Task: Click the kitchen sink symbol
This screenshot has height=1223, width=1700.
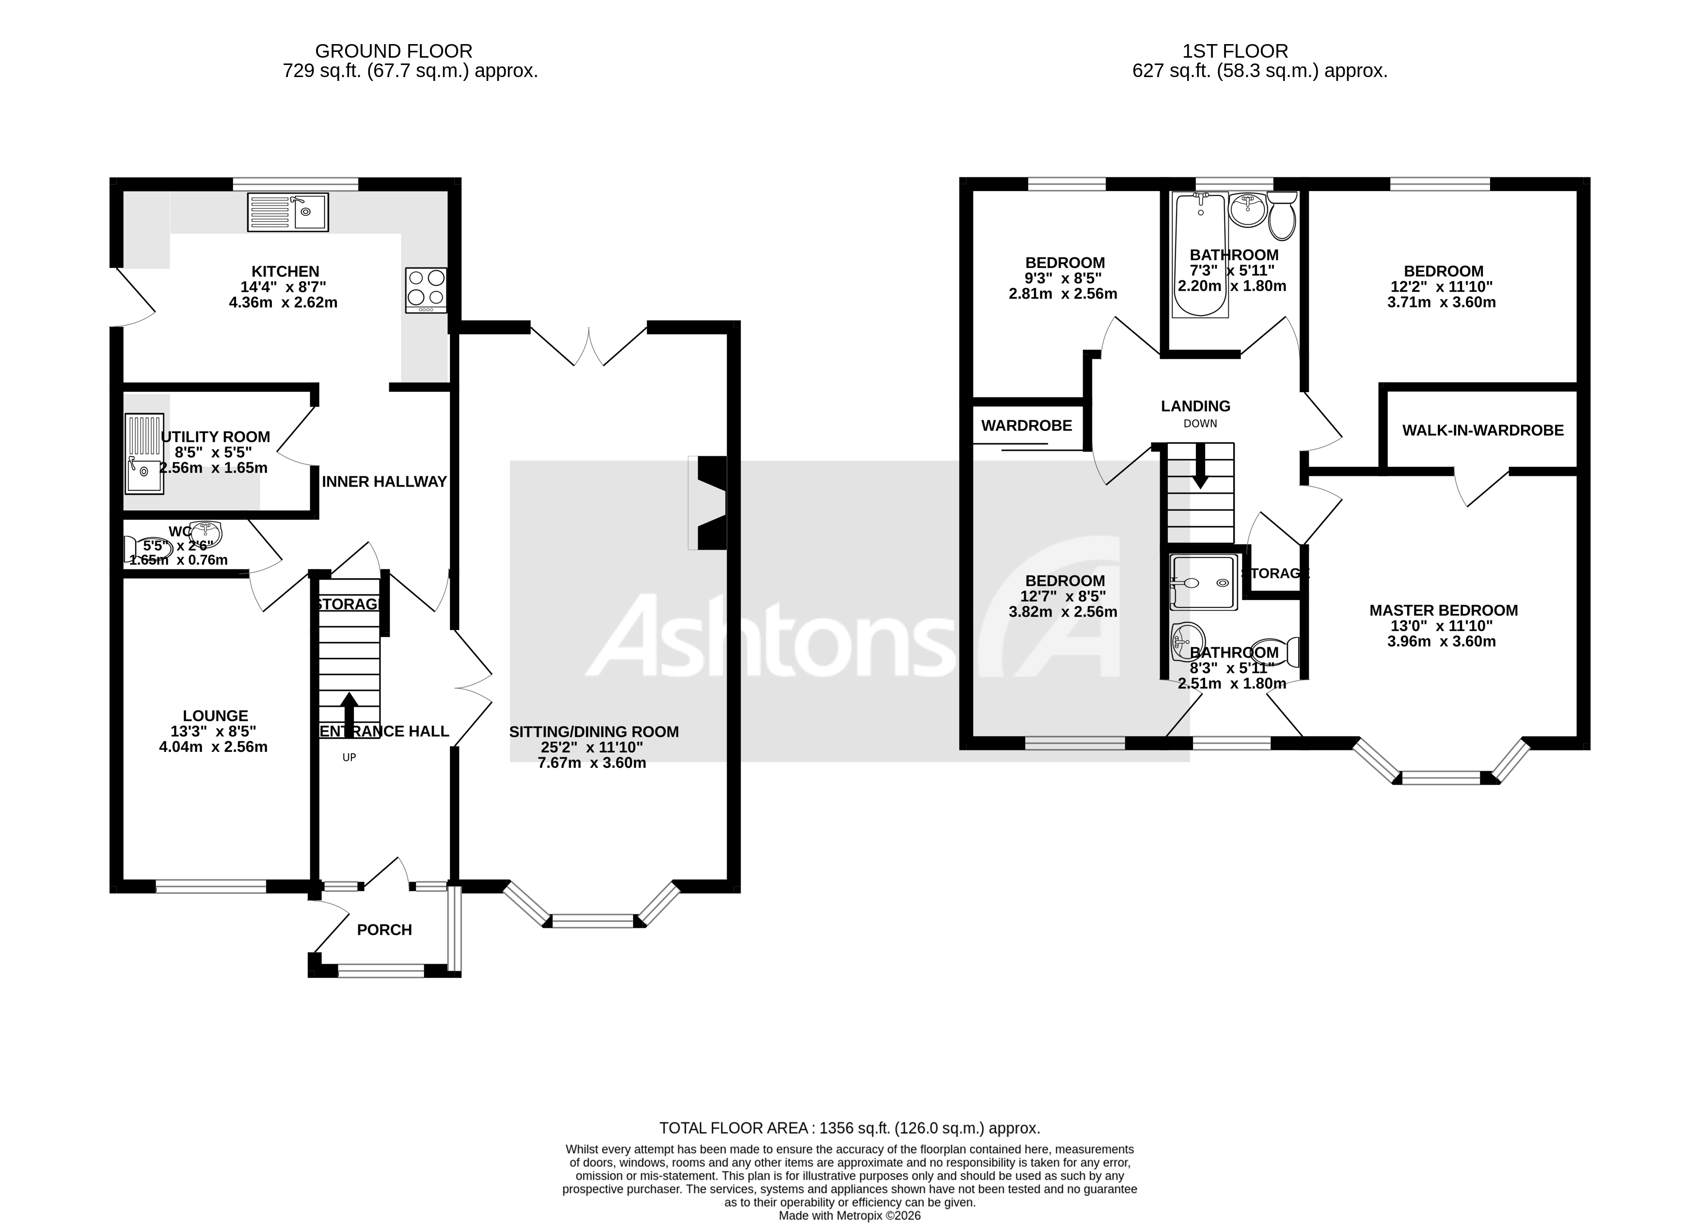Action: [x=288, y=212]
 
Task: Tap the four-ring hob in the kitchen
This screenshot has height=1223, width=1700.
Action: [x=426, y=290]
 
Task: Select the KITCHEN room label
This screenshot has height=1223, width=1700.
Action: [x=285, y=271]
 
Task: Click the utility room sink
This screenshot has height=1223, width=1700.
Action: [x=144, y=454]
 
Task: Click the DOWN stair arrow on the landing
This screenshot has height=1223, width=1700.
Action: [x=1200, y=464]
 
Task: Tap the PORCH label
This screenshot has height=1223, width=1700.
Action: [x=384, y=930]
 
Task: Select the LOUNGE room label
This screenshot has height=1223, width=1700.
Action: [x=215, y=715]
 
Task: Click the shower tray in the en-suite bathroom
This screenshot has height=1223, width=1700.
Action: [x=1203, y=582]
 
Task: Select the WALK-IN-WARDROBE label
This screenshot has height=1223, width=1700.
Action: [x=1483, y=430]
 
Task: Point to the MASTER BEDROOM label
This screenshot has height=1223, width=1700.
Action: [x=1444, y=611]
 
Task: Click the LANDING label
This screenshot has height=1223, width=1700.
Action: [x=1195, y=406]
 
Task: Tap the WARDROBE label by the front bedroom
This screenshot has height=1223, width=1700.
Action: [x=1026, y=426]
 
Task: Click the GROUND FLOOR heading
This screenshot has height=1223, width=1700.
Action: [x=394, y=51]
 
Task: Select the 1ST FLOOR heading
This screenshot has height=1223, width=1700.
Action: [x=1235, y=51]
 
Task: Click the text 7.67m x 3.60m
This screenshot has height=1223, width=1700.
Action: [x=592, y=763]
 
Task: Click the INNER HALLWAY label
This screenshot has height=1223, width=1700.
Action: [x=384, y=482]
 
